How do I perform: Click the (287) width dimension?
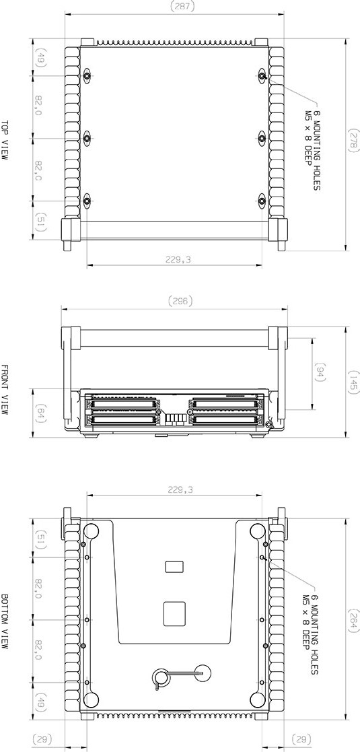point(180,6)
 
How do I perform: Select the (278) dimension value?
point(352,139)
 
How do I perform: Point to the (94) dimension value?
point(320,373)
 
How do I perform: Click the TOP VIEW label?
point(6,139)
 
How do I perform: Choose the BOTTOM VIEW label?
point(6,621)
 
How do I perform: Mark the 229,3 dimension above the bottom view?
point(179,489)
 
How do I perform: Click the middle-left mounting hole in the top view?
point(87,139)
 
